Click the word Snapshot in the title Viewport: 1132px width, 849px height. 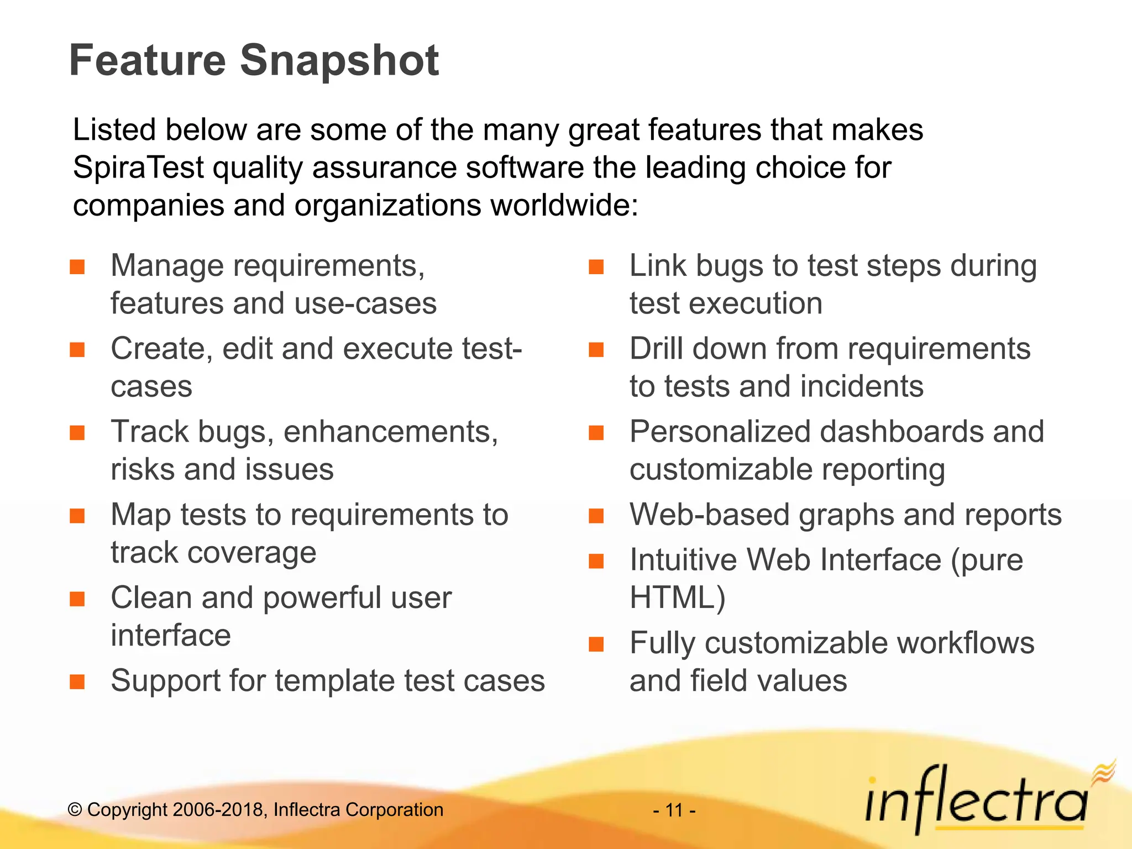pyautogui.click(x=339, y=61)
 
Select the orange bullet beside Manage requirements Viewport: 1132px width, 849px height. pyautogui.click(x=77, y=268)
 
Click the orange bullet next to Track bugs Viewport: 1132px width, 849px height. pyautogui.click(x=77, y=433)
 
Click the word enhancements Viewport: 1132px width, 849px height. pyautogui.click(x=390, y=432)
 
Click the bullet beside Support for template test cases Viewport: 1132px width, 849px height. pyautogui.click(x=77, y=682)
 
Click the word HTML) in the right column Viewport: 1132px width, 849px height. pyautogui.click(x=677, y=598)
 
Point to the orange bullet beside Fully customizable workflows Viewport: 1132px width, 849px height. pyautogui.click(x=596, y=644)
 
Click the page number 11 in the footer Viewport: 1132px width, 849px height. pyautogui.click(x=674, y=810)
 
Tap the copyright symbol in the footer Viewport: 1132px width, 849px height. pyautogui.click(x=75, y=810)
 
